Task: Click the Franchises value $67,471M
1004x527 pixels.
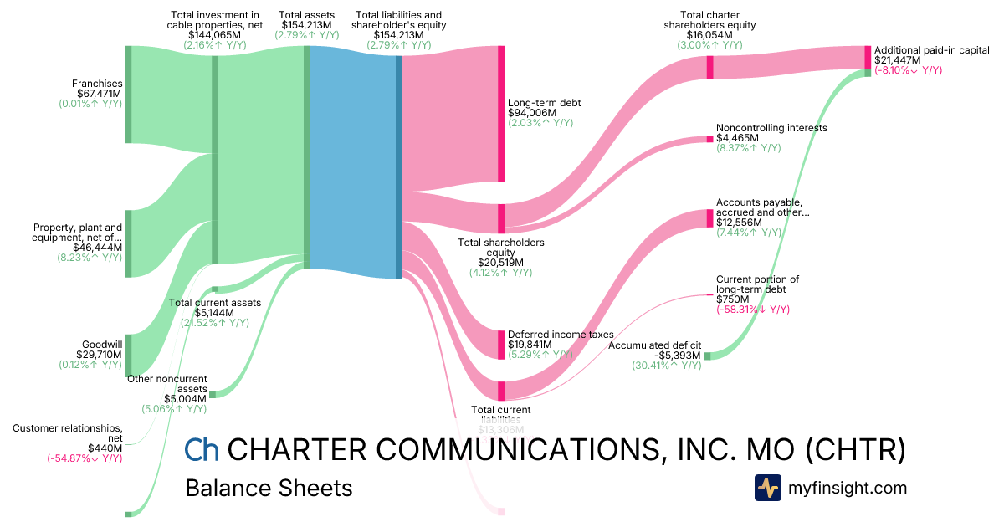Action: point(99,94)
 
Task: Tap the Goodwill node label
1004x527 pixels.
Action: point(102,344)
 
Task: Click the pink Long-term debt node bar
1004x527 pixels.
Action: point(501,114)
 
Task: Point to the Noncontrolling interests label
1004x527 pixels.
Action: point(771,128)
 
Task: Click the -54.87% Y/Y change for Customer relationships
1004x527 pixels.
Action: point(85,458)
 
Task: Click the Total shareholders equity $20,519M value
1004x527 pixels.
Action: point(501,262)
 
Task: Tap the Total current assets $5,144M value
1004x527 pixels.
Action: point(215,313)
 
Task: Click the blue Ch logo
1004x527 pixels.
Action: point(202,450)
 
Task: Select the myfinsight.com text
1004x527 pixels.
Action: point(847,488)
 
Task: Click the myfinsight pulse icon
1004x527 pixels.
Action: point(767,488)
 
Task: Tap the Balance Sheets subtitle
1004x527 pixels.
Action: point(269,488)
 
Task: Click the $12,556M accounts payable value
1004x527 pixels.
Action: point(739,223)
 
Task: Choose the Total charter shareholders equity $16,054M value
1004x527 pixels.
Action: point(718,36)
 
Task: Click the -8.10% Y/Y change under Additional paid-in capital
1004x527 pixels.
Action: point(908,70)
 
